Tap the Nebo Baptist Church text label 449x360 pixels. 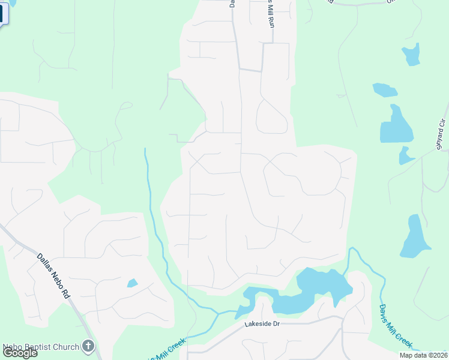(x=41, y=347)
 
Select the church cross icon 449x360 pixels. (x=89, y=346)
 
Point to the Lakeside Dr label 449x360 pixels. (x=262, y=324)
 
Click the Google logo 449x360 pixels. (x=20, y=353)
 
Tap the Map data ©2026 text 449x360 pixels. (x=423, y=355)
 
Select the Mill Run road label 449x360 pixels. (x=271, y=15)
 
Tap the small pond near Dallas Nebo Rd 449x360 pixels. (x=132, y=283)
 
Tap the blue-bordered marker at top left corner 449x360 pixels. (x=3, y=12)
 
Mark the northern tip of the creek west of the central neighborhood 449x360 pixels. (x=145, y=149)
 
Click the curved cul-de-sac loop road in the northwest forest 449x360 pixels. (x=125, y=106)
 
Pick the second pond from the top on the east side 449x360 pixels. (x=384, y=91)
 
